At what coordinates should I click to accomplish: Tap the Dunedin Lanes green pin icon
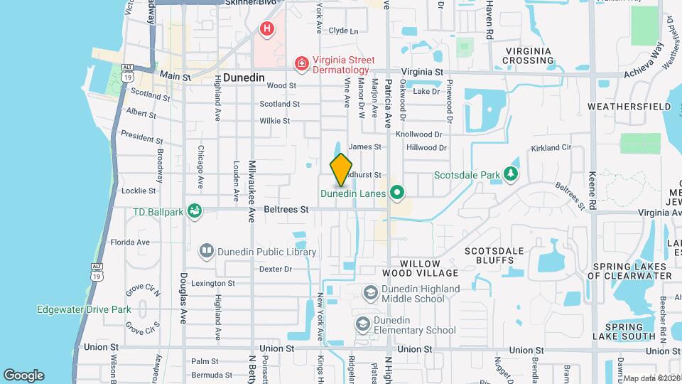coord(397,193)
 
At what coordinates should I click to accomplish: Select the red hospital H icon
coord(266,29)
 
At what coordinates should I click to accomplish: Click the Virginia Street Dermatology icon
coord(302,65)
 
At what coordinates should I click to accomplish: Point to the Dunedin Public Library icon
coord(206,252)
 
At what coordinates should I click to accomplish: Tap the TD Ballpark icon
coord(193,211)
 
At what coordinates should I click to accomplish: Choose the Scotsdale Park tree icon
coord(510,174)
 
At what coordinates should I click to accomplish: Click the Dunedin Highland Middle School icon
coord(370,293)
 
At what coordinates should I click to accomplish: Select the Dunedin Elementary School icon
coord(363,325)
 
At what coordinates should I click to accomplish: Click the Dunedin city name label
coord(244,78)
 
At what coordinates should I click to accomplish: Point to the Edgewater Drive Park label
coord(84,309)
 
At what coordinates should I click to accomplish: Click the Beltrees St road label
coord(286,210)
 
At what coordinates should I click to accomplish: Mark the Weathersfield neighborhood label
coord(629,107)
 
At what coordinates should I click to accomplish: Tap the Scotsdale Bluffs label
coord(494,255)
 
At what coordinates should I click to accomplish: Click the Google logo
coord(23,375)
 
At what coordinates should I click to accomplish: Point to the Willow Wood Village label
coord(420,268)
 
